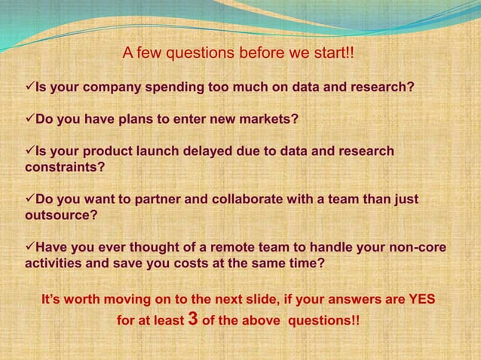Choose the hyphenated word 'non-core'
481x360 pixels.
click(420, 248)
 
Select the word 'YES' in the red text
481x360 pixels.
click(421, 299)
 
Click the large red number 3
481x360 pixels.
click(192, 319)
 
